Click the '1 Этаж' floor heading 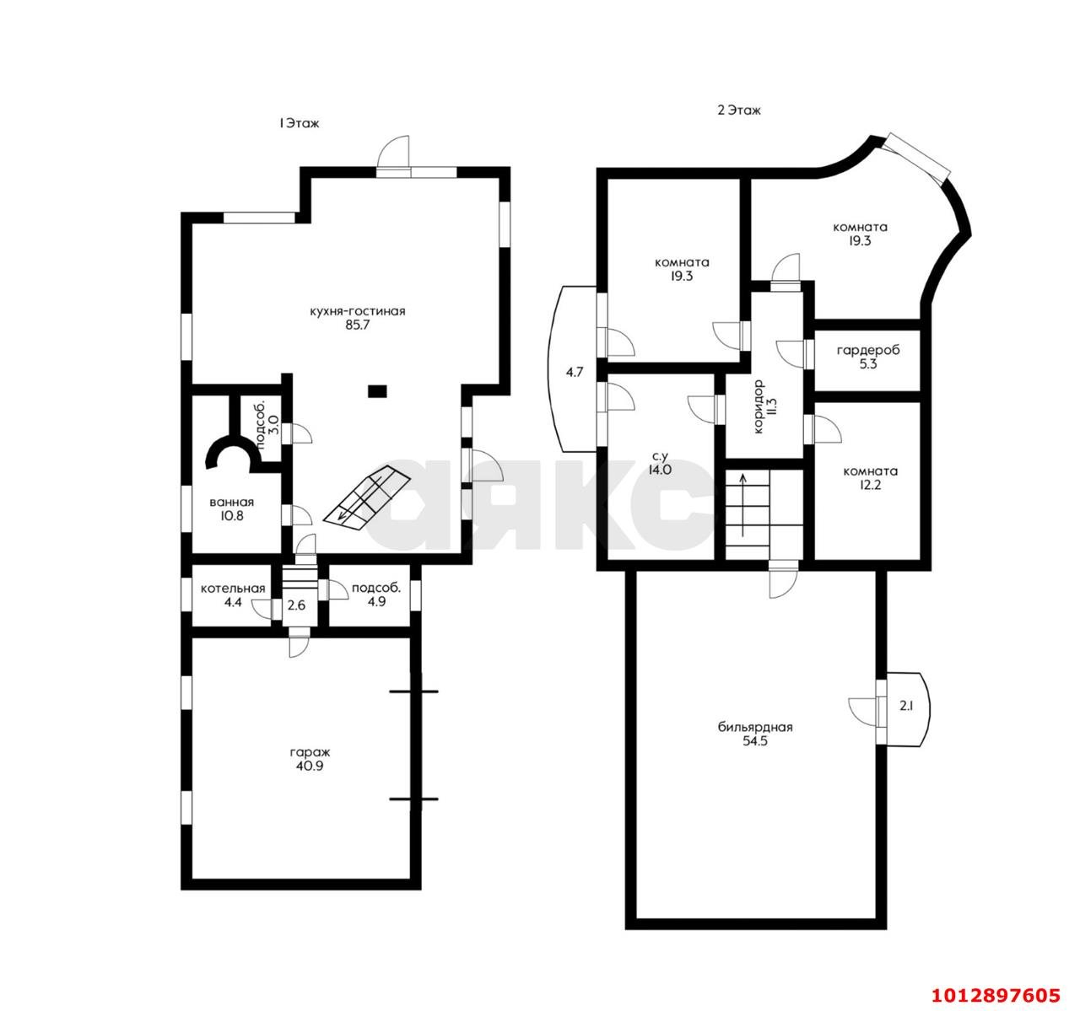coord(299,123)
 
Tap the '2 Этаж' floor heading coord(739,110)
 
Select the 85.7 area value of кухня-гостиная coord(357,325)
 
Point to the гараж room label coord(310,753)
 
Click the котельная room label coord(233,588)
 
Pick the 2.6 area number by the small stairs coord(296,605)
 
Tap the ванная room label coord(232,503)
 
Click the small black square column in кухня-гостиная coord(377,390)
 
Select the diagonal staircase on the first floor coord(366,496)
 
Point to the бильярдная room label coord(755,727)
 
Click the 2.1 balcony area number coord(906,706)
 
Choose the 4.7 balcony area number coord(575,373)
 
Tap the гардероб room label coord(868,350)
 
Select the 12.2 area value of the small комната coord(870,485)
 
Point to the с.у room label coord(659,455)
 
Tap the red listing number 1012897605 coord(996,995)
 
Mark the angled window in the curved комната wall coord(915,156)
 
